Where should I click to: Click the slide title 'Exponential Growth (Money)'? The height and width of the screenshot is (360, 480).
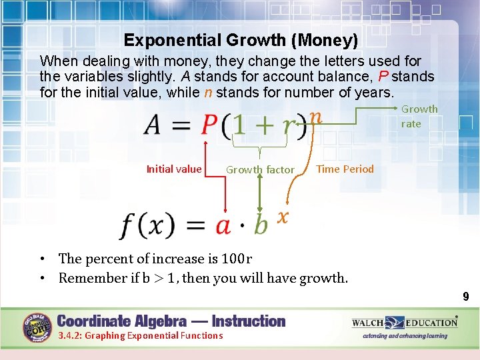(241, 41)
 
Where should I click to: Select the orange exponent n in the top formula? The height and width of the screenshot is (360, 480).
(315, 116)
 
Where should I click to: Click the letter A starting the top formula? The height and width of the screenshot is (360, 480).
(154, 125)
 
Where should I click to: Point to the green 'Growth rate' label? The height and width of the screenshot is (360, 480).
(419, 116)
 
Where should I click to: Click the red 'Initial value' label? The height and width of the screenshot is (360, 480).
(173, 169)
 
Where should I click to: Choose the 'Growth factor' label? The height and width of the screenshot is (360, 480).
(260, 170)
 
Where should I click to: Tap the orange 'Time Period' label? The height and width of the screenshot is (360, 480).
(345, 169)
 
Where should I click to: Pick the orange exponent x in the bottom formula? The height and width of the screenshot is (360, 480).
(283, 216)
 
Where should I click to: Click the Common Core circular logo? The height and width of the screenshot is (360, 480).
(39, 328)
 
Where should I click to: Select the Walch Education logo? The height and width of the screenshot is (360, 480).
(405, 323)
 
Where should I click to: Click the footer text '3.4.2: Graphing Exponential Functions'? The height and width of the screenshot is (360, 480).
(141, 335)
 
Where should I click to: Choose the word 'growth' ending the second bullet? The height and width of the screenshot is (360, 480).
(323, 278)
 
